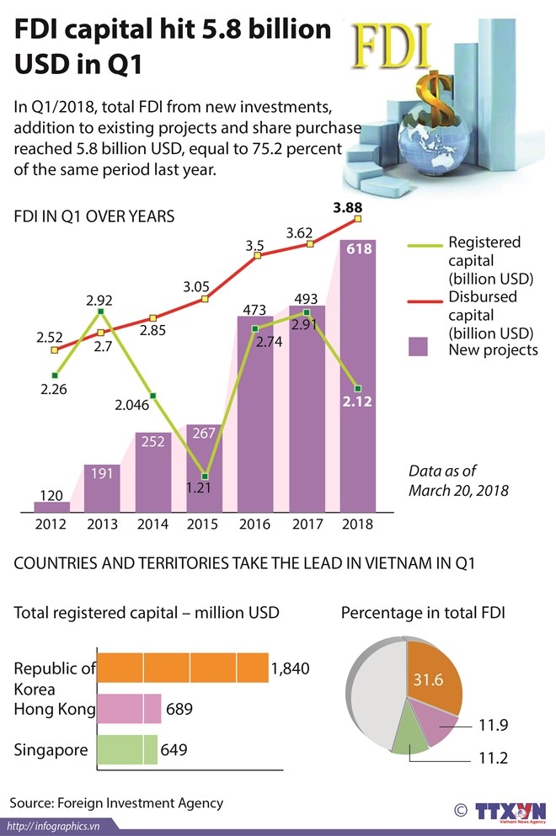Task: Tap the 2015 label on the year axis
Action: [x=203, y=524]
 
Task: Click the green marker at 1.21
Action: [x=204, y=477]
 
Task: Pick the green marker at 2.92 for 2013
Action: [x=100, y=312]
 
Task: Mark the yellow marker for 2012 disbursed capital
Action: [x=55, y=349]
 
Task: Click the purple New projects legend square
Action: [x=419, y=349]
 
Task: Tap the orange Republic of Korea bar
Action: [x=183, y=669]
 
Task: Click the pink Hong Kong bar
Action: [x=130, y=709]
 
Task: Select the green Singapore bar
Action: [x=127, y=748]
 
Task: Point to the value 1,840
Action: [x=291, y=669]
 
